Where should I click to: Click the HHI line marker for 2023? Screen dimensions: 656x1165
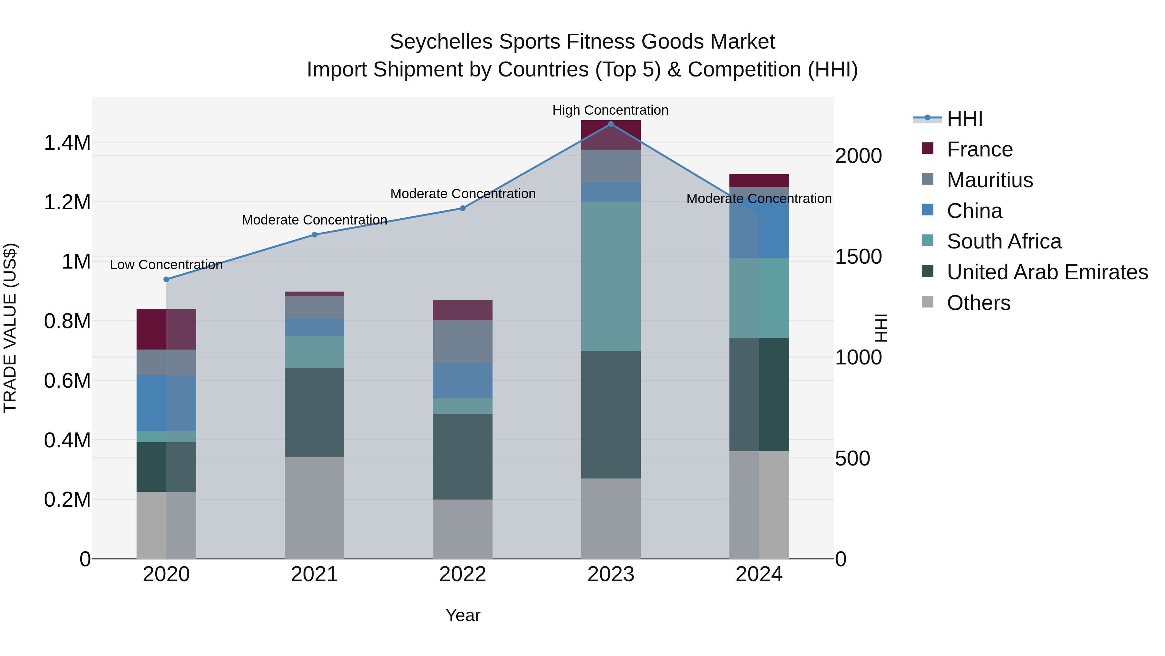click(611, 124)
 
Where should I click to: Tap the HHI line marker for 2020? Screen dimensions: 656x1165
click(166, 279)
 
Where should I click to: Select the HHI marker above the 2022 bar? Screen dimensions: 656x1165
click(463, 208)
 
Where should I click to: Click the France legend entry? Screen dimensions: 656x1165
click(979, 149)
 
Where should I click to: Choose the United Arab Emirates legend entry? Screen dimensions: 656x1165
click(1047, 272)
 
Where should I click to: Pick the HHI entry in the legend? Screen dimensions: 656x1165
click(964, 119)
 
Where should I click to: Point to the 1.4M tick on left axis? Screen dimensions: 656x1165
click(67, 143)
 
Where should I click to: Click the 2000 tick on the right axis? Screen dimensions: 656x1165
click(858, 156)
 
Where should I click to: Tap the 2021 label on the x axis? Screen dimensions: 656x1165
click(314, 574)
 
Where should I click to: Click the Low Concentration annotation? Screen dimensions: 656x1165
click(166, 265)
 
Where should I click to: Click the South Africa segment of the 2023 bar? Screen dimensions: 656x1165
click(611, 276)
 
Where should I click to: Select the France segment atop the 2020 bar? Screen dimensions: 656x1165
click(166, 329)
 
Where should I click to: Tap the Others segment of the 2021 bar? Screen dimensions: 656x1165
click(314, 508)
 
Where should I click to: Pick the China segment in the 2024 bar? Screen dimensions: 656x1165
click(759, 223)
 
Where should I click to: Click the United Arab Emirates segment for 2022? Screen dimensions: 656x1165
click(463, 456)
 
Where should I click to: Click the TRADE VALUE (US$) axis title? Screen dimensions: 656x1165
click(10, 328)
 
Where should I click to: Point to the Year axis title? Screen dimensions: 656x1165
click(463, 615)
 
